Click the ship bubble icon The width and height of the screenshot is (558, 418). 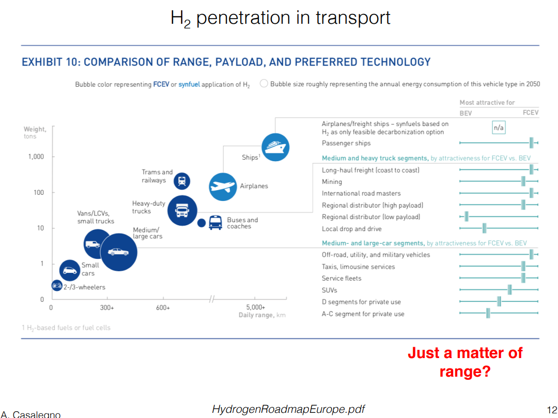pos(275,147)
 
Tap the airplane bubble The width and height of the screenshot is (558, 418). pos(223,187)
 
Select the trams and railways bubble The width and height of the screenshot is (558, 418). pos(181,181)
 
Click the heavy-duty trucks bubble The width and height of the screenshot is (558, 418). pos(182,210)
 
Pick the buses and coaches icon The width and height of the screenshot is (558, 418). pos(215,223)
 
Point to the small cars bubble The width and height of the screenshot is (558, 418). pos(70,269)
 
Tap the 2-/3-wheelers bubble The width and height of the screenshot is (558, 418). pos(56,285)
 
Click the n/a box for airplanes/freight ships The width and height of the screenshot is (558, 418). pos(498,128)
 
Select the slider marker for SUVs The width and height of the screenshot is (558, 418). pos(509,290)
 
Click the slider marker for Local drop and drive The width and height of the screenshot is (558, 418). pos(484,229)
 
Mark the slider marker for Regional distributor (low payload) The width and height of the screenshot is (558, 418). pos(466,217)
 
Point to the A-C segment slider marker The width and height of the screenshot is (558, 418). pos(488,313)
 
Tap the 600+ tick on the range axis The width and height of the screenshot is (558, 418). pos(163,307)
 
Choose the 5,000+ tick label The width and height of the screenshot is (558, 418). pos(255,307)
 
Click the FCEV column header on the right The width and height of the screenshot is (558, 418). pos(530,113)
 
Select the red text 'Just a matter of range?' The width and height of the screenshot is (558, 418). pos(464,362)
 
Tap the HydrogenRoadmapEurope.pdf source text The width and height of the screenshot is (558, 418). pos(288,410)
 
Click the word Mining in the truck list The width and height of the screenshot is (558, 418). pos(332,182)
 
